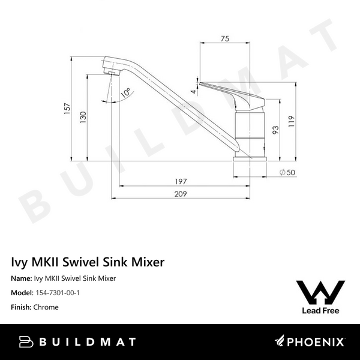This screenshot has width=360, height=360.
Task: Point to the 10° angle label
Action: [125, 93]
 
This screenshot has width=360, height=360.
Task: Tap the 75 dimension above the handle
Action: [224, 39]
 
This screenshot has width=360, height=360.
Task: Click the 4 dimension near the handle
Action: [193, 91]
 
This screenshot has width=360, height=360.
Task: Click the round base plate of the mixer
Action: [248, 160]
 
